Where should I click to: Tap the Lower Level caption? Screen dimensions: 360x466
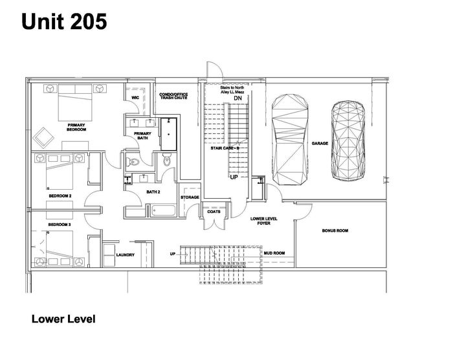pyautogui.click(x=63, y=319)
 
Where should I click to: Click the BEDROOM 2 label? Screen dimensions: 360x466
pyautogui.click(x=60, y=196)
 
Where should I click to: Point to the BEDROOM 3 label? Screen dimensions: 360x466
pyautogui.click(x=60, y=224)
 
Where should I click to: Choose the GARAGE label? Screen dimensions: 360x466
pyautogui.click(x=320, y=143)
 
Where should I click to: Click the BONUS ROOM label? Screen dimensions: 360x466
pyautogui.click(x=335, y=231)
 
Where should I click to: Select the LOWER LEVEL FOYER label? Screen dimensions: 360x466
pyautogui.click(x=264, y=221)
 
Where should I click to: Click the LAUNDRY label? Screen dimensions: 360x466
pyautogui.click(x=126, y=254)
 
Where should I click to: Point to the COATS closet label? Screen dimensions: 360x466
pyautogui.click(x=213, y=212)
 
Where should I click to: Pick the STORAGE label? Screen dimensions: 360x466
pyautogui.click(x=190, y=197)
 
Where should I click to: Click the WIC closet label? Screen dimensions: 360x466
pyautogui.click(x=135, y=98)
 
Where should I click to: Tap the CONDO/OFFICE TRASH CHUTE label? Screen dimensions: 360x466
pyautogui.click(x=173, y=96)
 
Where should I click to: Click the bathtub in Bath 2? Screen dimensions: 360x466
pyautogui.click(x=164, y=209)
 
